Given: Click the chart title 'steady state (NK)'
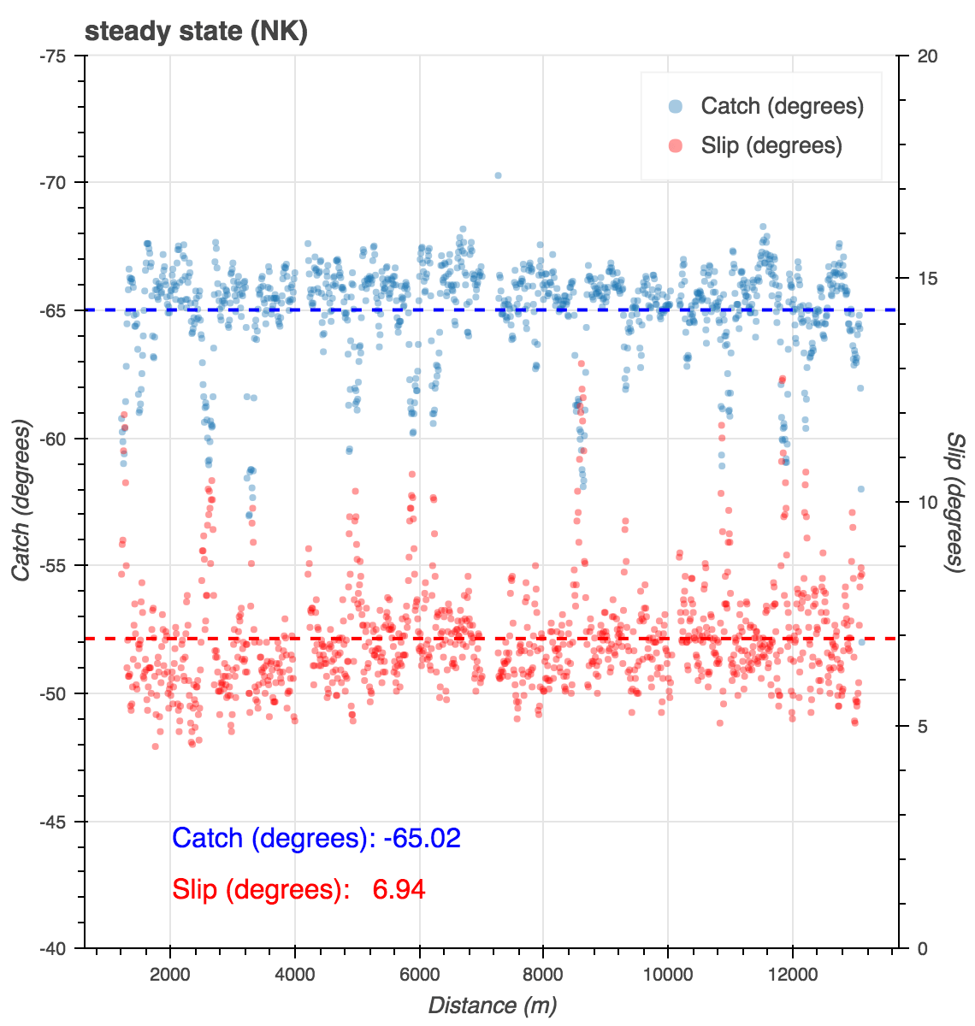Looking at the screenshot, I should point(196,32).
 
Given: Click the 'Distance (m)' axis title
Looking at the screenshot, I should point(492,1005).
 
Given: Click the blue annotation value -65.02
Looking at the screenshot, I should point(422,838).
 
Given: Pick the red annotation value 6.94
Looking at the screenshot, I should point(399,890).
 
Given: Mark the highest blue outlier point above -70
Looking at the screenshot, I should point(498,175).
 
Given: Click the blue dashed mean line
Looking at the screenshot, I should point(342,310).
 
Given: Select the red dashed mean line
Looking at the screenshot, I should point(342,639).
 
